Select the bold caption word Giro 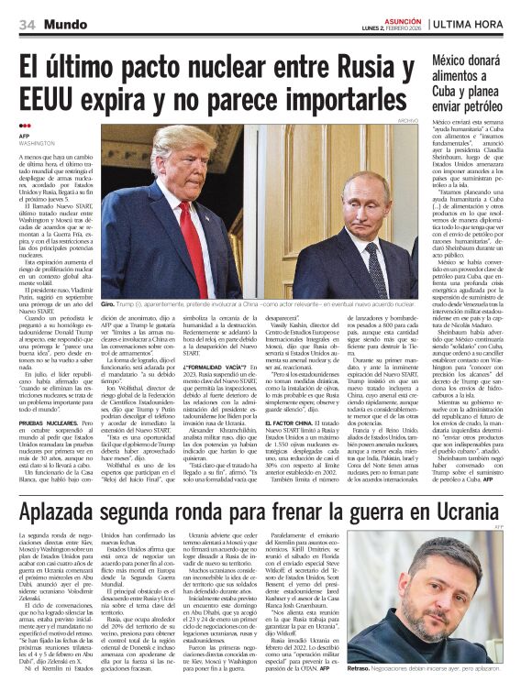pyautogui.click(x=107, y=303)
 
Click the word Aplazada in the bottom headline pyautogui.click(x=67, y=511)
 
